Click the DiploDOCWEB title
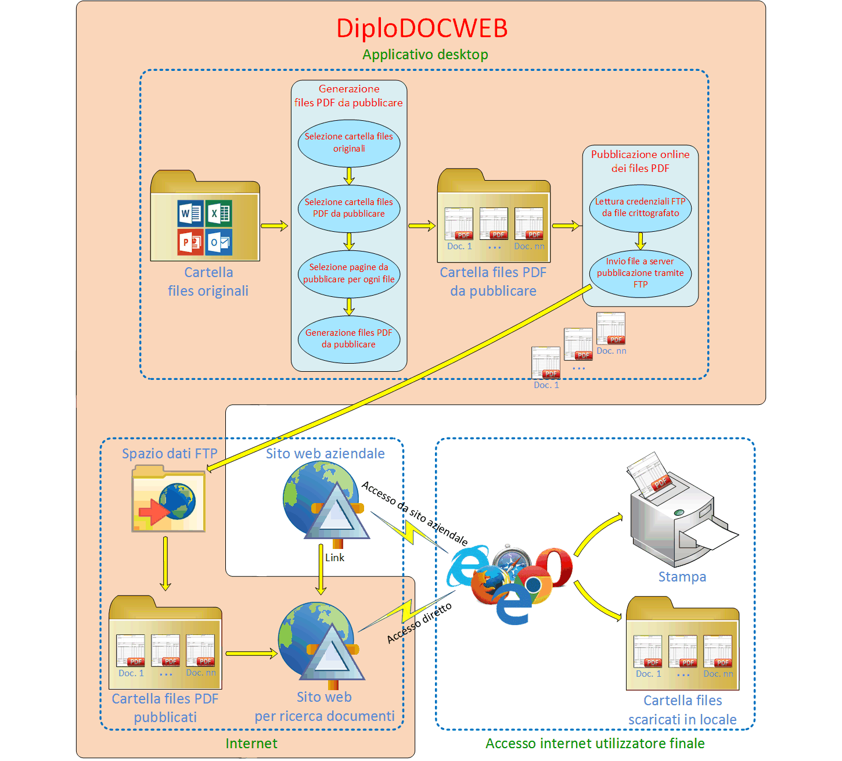[x=422, y=28]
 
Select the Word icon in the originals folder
[x=190, y=213]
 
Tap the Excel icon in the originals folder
[x=219, y=213]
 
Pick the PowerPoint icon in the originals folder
[x=190, y=242]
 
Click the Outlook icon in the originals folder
[x=219, y=242]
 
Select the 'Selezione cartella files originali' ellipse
[x=349, y=142]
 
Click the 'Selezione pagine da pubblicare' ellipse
[x=349, y=273]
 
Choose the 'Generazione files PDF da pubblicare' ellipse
[x=349, y=339]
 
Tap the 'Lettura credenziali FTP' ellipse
[x=641, y=207]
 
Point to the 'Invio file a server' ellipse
[x=641, y=273]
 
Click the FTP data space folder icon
[x=168, y=500]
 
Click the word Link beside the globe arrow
[x=334, y=558]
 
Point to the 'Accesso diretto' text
[x=419, y=623]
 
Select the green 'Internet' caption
[x=251, y=744]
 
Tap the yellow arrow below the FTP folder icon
[x=165, y=563]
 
